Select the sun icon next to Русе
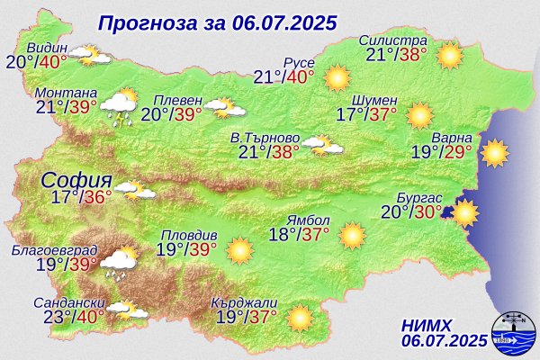(337, 76)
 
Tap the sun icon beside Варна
(494, 154)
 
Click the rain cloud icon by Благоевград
(118, 262)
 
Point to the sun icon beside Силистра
(449, 57)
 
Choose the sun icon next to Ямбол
(352, 236)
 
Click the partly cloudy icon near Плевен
(225, 109)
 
